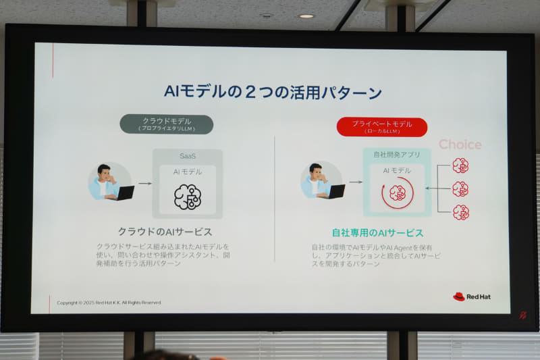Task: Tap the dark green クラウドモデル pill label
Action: (x=166, y=124)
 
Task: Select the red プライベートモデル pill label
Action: (x=381, y=126)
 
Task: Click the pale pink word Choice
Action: (x=460, y=145)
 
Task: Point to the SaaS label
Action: (x=187, y=156)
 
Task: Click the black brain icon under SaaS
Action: (x=187, y=197)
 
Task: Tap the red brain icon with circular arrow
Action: (x=397, y=193)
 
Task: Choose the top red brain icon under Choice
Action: (x=460, y=165)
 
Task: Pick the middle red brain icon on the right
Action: (x=460, y=189)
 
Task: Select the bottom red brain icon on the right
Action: (x=460, y=212)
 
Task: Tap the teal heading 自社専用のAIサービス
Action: (x=377, y=232)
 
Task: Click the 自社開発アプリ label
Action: (x=397, y=155)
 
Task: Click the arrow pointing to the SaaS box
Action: (x=144, y=183)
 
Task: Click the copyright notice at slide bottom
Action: (x=109, y=303)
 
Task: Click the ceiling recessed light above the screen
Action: (x=306, y=16)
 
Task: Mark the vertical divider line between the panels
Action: (x=274, y=199)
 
